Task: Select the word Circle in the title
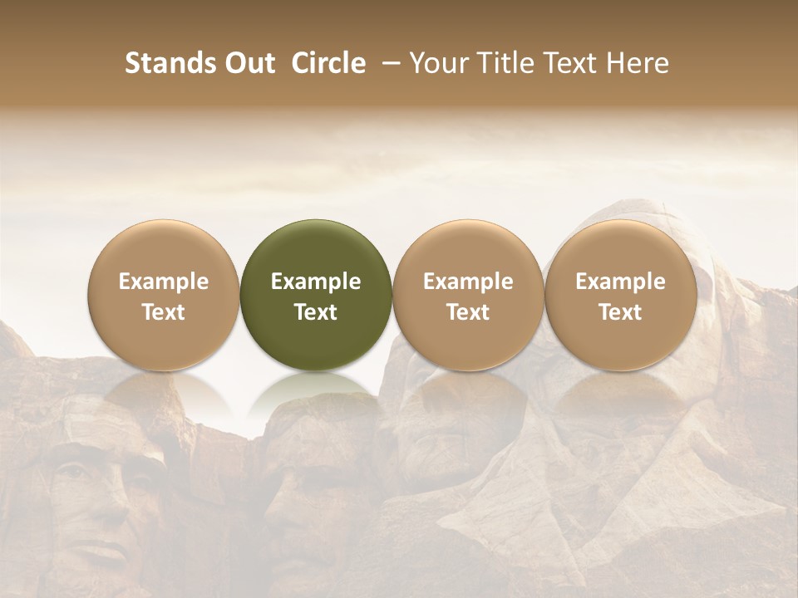[x=327, y=63]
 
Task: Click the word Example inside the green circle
[x=316, y=282]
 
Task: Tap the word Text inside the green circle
[x=316, y=312]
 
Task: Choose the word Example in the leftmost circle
[x=164, y=282]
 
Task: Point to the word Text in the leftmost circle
[x=164, y=312]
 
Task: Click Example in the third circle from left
[x=468, y=282]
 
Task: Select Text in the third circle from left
[x=468, y=312]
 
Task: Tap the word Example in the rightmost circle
[x=620, y=282]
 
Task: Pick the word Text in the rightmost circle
[x=620, y=312]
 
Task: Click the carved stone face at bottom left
[x=91, y=507]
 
